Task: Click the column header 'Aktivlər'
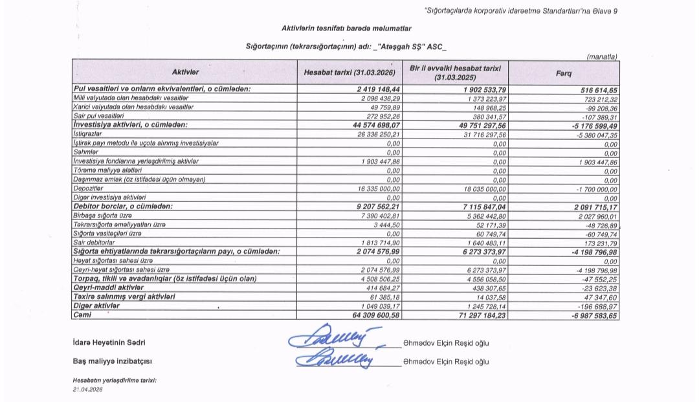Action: [x=185, y=72]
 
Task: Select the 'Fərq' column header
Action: [x=564, y=73]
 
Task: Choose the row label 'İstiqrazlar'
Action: [x=88, y=133]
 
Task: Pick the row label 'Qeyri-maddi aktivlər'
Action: [x=107, y=287]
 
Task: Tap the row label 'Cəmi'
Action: [x=83, y=315]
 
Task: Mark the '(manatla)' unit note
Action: [x=602, y=57]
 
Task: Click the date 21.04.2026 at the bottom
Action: [x=88, y=390]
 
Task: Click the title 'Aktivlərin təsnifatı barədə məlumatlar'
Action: [x=346, y=28]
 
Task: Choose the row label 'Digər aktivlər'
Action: [x=97, y=306]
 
